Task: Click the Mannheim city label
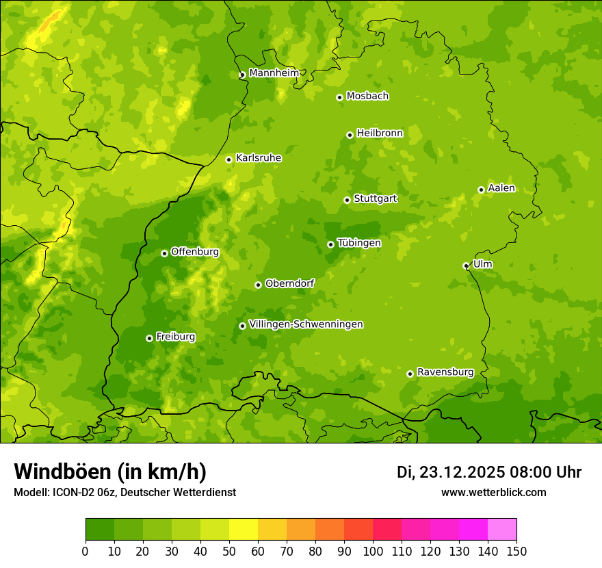pyautogui.click(x=274, y=73)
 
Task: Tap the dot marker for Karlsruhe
pyautogui.click(x=229, y=159)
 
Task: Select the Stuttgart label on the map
pyautogui.click(x=375, y=199)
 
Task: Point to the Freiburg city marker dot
pyautogui.click(x=149, y=338)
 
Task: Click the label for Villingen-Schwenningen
pyautogui.click(x=306, y=324)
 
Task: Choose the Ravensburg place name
pyautogui.click(x=445, y=372)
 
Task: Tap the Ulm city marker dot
pyautogui.click(x=467, y=266)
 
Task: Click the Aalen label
pyautogui.click(x=501, y=188)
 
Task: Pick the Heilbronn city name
pyautogui.click(x=380, y=133)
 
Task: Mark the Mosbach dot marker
pyautogui.click(x=339, y=97)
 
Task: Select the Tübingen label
pyautogui.click(x=358, y=243)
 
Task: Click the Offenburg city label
pyautogui.click(x=194, y=252)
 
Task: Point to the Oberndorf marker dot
pyautogui.click(x=258, y=285)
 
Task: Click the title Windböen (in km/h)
pyautogui.click(x=109, y=472)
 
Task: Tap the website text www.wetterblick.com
pyautogui.click(x=493, y=492)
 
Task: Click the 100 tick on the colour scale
pyautogui.click(x=373, y=551)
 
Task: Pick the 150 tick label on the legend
pyautogui.click(x=516, y=551)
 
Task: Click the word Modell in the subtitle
pyautogui.click(x=30, y=492)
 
